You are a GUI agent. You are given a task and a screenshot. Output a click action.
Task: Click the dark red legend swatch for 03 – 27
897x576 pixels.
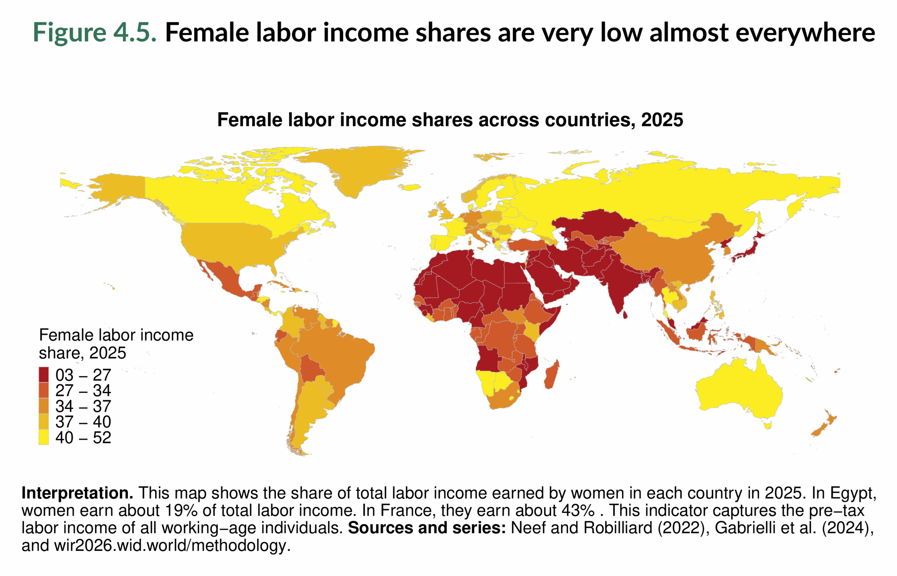(x=43, y=374)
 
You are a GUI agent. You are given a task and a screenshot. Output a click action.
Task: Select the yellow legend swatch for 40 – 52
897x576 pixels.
(x=43, y=437)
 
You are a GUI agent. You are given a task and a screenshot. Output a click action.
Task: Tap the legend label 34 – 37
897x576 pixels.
(x=83, y=406)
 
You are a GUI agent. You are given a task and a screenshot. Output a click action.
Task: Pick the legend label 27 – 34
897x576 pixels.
(x=83, y=390)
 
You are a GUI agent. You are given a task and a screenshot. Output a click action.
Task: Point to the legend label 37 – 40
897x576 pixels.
(x=83, y=422)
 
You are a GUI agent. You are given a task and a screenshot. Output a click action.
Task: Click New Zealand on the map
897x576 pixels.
(x=823, y=426)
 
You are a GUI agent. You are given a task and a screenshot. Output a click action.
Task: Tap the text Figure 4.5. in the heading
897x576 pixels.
(x=95, y=32)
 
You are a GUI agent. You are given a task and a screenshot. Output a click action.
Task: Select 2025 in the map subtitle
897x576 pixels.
(x=662, y=120)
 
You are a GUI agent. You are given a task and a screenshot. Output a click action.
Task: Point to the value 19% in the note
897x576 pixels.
(x=181, y=511)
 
